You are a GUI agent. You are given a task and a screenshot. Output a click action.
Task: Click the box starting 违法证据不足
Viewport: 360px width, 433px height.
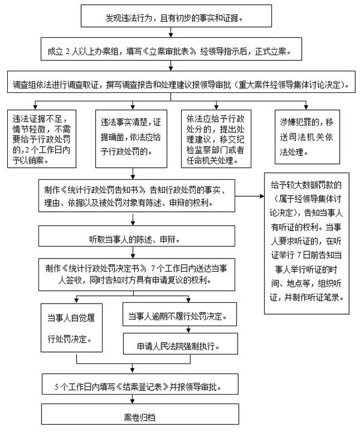point(41,137)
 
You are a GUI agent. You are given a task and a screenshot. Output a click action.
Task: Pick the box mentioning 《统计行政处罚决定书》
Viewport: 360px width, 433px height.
point(139,274)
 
